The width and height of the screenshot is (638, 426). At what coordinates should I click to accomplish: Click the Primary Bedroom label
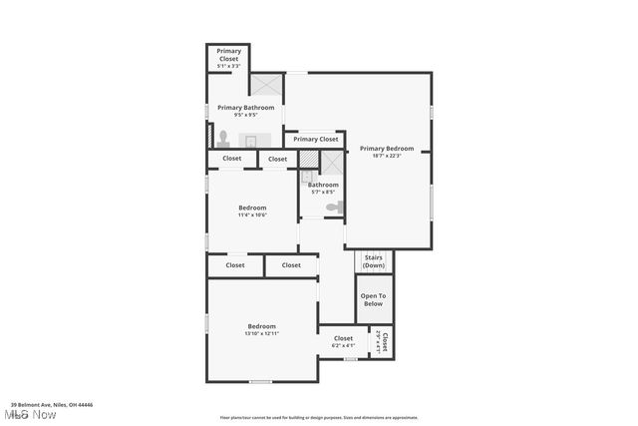[x=387, y=149]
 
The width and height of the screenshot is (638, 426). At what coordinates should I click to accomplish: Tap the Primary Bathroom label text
[x=245, y=108]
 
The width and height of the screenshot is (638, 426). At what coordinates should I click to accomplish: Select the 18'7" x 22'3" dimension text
[x=387, y=156]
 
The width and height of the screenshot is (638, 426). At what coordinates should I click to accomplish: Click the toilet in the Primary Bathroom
[x=223, y=138]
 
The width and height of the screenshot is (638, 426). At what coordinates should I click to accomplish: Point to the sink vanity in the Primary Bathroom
[x=251, y=141]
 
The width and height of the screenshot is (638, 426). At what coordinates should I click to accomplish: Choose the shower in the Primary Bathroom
[x=266, y=85]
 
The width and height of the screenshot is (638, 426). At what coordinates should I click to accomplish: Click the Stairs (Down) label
[x=374, y=261]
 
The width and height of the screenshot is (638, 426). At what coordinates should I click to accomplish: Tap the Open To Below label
[x=373, y=299]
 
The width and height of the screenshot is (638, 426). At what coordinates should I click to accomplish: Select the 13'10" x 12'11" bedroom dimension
[x=262, y=334]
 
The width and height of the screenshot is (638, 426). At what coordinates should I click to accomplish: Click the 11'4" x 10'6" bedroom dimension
[x=252, y=214]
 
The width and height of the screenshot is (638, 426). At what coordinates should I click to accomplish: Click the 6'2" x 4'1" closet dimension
[x=343, y=346]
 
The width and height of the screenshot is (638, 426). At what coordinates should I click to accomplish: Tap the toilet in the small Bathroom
[x=335, y=208]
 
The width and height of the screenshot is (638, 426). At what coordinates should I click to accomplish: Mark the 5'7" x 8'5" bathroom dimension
[x=323, y=192]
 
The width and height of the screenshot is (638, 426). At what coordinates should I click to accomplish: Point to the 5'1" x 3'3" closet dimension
[x=229, y=67]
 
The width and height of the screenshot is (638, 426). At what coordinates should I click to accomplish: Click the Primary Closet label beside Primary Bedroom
[x=315, y=140]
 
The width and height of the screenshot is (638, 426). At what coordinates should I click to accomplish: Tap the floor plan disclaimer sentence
[x=319, y=418]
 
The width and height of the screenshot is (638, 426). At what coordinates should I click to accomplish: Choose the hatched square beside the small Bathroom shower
[x=308, y=159]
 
